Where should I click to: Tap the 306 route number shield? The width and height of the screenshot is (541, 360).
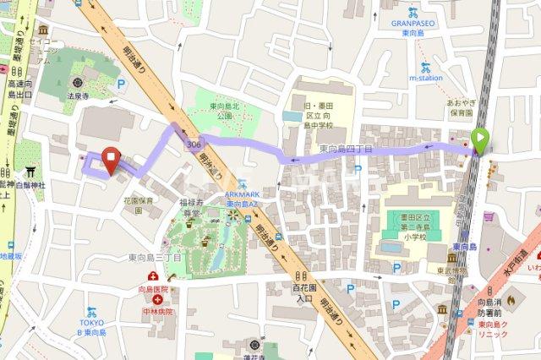[195, 146]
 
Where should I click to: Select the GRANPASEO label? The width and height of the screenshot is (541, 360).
[413, 25]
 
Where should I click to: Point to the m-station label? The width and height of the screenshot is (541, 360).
[426, 77]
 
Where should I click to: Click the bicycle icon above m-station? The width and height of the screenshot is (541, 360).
[425, 66]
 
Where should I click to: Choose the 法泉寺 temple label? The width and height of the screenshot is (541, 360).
[78, 97]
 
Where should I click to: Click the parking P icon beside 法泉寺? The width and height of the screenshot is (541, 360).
[120, 85]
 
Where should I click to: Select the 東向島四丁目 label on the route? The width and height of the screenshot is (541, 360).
[346, 149]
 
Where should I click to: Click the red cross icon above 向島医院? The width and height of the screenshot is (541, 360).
[153, 277]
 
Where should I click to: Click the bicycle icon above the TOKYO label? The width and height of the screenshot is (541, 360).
[92, 312]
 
